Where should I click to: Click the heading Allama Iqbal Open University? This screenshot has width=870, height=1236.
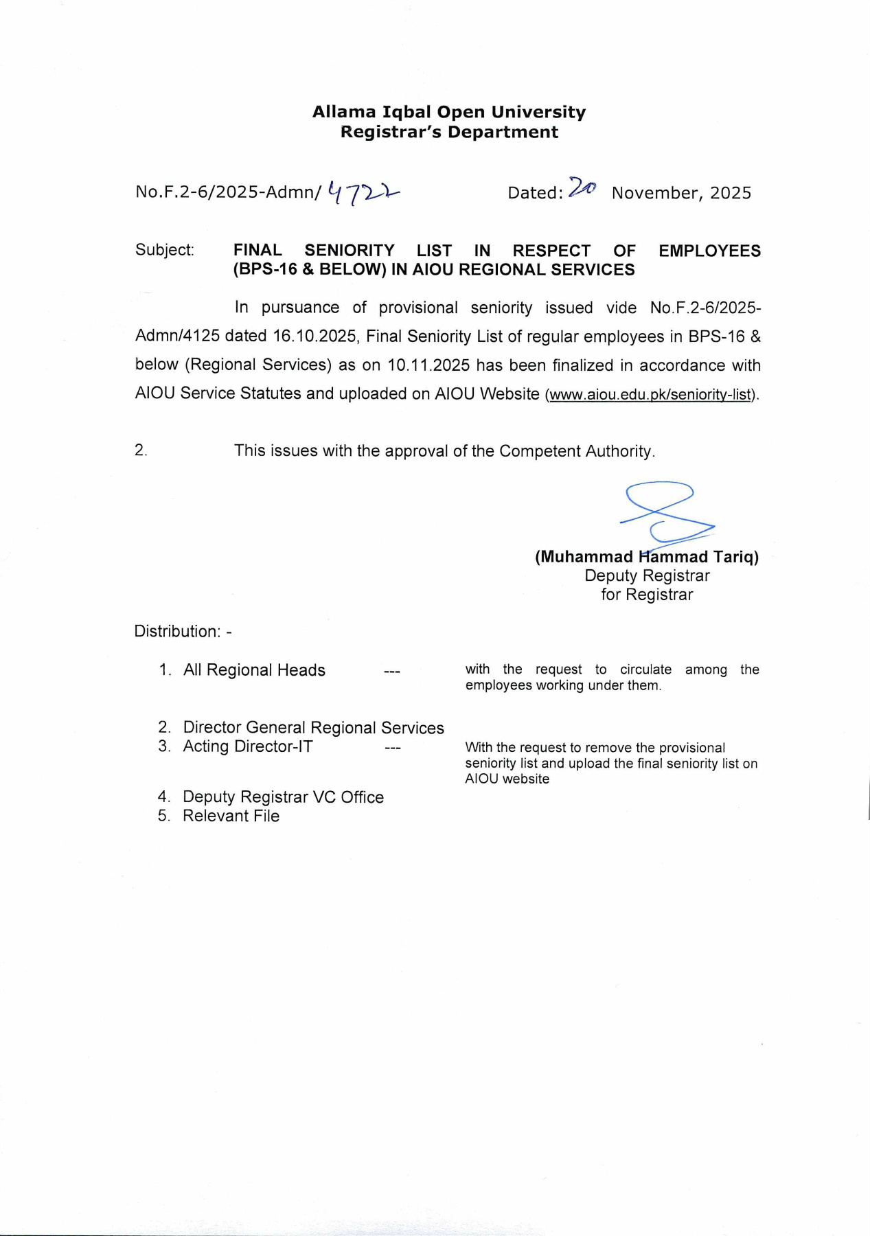click(449, 112)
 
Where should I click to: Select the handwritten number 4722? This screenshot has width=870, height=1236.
click(363, 193)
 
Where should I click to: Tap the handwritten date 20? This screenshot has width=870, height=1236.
click(582, 187)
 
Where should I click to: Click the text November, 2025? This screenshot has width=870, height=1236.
click(681, 193)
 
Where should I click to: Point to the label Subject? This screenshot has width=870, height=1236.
click(165, 250)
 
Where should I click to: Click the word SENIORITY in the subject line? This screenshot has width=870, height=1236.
click(350, 251)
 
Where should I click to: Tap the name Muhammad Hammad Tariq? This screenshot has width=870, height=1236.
click(647, 557)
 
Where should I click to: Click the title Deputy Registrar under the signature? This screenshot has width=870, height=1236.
click(647, 576)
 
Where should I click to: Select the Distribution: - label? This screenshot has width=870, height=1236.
click(183, 632)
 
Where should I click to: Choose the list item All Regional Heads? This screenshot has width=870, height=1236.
click(254, 670)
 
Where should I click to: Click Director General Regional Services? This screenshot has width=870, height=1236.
click(313, 728)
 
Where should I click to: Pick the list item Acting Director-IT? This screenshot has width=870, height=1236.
click(247, 747)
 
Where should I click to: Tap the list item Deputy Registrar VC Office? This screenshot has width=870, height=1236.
click(283, 797)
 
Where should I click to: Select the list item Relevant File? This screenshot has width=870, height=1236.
click(231, 816)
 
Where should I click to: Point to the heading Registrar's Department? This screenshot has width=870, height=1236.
click(449, 132)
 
